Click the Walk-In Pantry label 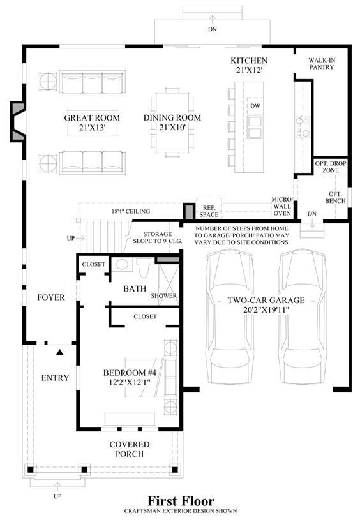(x=322, y=64)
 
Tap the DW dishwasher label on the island (x=255, y=106)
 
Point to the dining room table (x=172, y=122)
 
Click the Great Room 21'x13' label (x=92, y=123)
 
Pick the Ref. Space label (x=209, y=211)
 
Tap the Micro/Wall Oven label (x=282, y=206)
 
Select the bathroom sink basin (x=122, y=264)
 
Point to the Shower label (x=163, y=295)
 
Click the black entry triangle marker (x=60, y=352)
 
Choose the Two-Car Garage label (x=266, y=300)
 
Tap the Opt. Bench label (x=335, y=197)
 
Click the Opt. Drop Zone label (x=331, y=167)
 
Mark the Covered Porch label (x=130, y=449)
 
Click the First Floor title (x=181, y=500)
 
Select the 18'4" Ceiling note (x=131, y=211)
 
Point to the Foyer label (x=51, y=297)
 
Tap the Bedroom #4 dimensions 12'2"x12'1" (x=130, y=382)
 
